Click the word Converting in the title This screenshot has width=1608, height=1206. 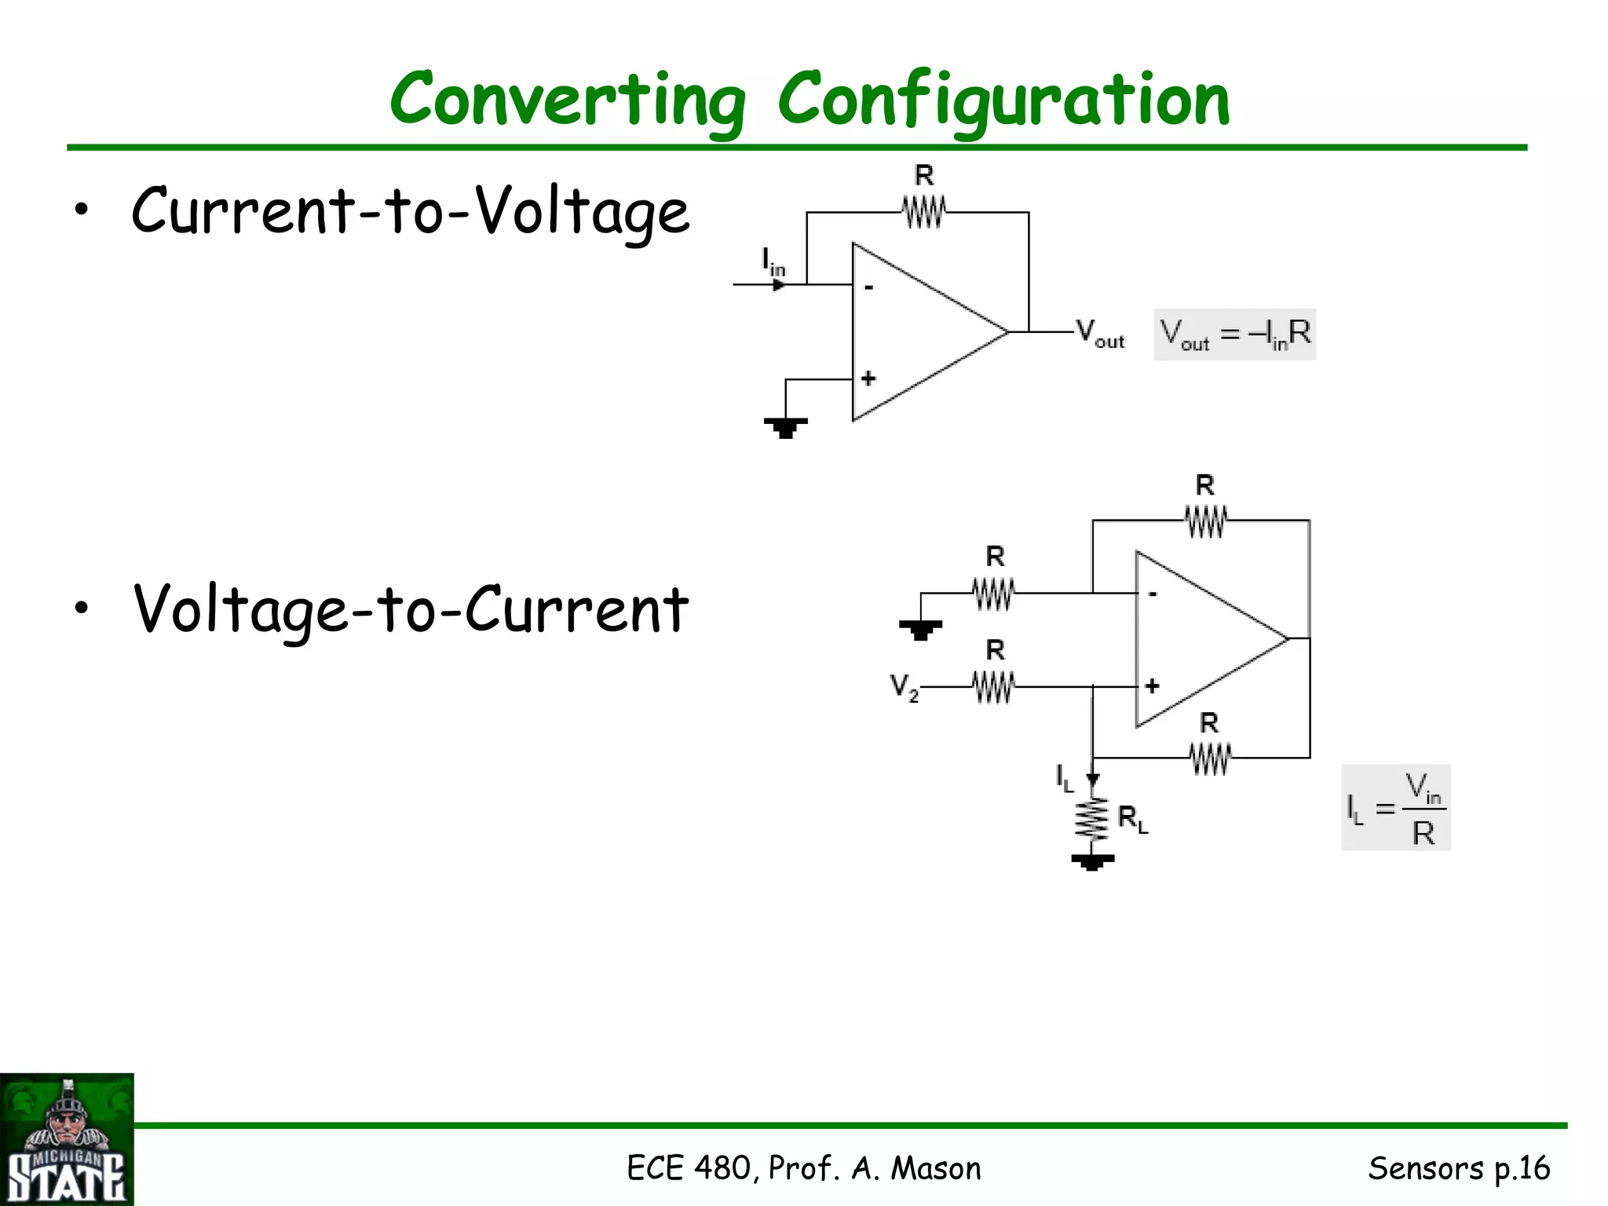pyautogui.click(x=567, y=100)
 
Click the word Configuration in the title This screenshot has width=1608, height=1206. pyautogui.click(x=1003, y=100)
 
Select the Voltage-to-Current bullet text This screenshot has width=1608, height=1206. pyautogui.click(x=410, y=610)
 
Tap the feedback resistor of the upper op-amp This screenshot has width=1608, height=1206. pyautogui.click(x=923, y=211)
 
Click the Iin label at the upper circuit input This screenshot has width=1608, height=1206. pyautogui.click(x=773, y=261)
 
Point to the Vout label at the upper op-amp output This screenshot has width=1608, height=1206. pyautogui.click(x=1099, y=333)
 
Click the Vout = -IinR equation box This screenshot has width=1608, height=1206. pyautogui.click(x=1234, y=334)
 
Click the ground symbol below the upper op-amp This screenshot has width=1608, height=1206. pyautogui.click(x=785, y=427)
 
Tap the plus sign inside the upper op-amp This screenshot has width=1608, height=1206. pyautogui.click(x=868, y=378)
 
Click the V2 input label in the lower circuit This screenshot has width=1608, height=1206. pyautogui.click(x=904, y=687)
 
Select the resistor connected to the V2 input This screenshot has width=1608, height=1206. pyautogui.click(x=994, y=687)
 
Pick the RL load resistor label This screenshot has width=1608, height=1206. pyautogui.click(x=1132, y=819)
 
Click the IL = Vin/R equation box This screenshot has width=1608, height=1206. pyautogui.click(x=1395, y=807)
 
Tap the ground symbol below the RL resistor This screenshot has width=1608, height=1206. pyautogui.click(x=1092, y=862)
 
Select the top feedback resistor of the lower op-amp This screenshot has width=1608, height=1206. pyautogui.click(x=1205, y=521)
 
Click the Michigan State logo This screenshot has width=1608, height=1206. pyautogui.click(x=67, y=1139)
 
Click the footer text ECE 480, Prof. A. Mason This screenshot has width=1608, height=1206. pyautogui.click(x=804, y=1168)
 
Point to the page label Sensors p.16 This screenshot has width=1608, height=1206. pyautogui.click(x=1459, y=1168)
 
